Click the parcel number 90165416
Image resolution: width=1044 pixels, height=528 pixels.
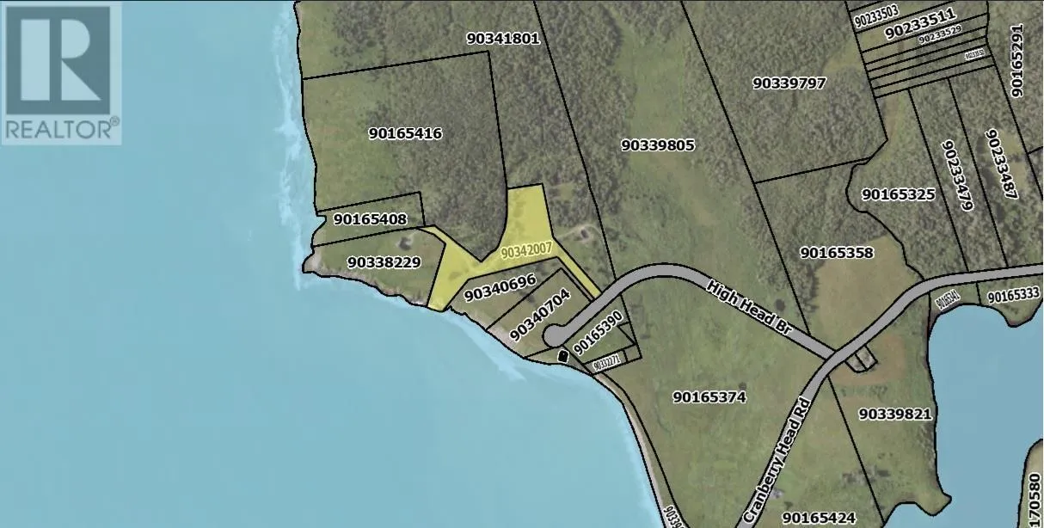point(405,133)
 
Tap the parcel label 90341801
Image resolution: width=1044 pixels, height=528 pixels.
point(503,38)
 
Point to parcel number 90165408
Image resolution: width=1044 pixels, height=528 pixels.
point(370,219)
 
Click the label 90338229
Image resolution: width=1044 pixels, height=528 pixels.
point(384,261)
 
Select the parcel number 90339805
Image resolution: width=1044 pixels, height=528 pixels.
point(657,145)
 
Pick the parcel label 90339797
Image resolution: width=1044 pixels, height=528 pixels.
point(789,83)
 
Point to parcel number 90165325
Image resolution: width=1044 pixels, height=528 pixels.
point(898,194)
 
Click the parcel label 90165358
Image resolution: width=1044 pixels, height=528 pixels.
point(837,252)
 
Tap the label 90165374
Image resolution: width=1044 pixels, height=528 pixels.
point(709,397)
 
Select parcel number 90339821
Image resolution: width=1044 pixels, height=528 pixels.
point(895,413)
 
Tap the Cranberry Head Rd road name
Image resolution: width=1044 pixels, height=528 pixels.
point(785,445)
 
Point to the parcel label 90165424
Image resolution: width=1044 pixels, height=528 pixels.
point(820,518)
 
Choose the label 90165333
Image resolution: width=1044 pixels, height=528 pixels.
point(1014,296)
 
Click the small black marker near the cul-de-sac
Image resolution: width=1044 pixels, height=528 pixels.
point(563,354)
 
